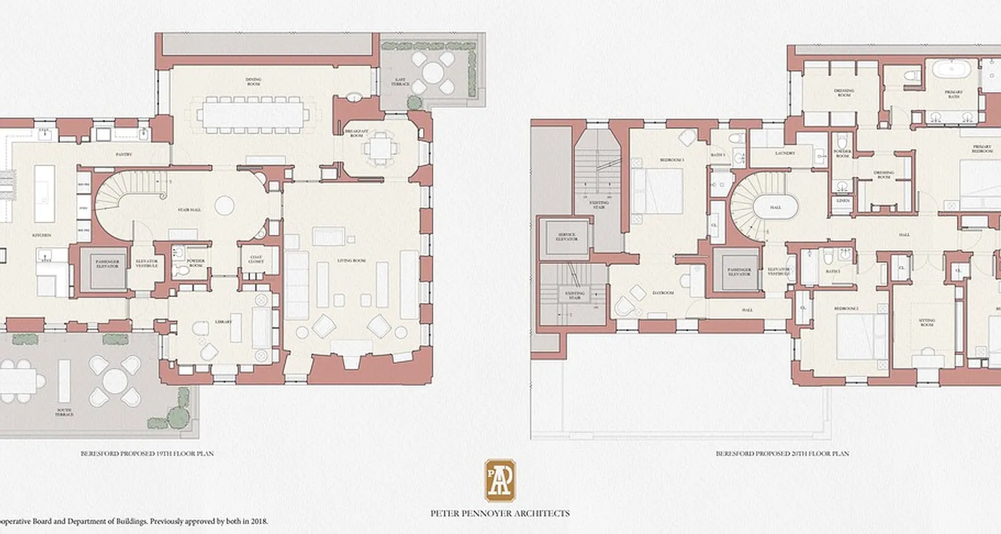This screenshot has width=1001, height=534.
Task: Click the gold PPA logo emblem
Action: [x=500, y=480]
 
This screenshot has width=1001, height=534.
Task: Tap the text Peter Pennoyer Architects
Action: [x=500, y=513]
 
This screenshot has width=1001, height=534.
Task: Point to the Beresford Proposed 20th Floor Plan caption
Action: [x=781, y=454]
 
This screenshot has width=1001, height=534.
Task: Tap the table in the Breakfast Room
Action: [x=379, y=148]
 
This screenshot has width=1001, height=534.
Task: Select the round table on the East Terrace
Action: [x=428, y=71]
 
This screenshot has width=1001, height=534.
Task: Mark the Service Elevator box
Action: [x=566, y=237]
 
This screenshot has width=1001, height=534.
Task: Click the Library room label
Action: [x=224, y=322]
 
